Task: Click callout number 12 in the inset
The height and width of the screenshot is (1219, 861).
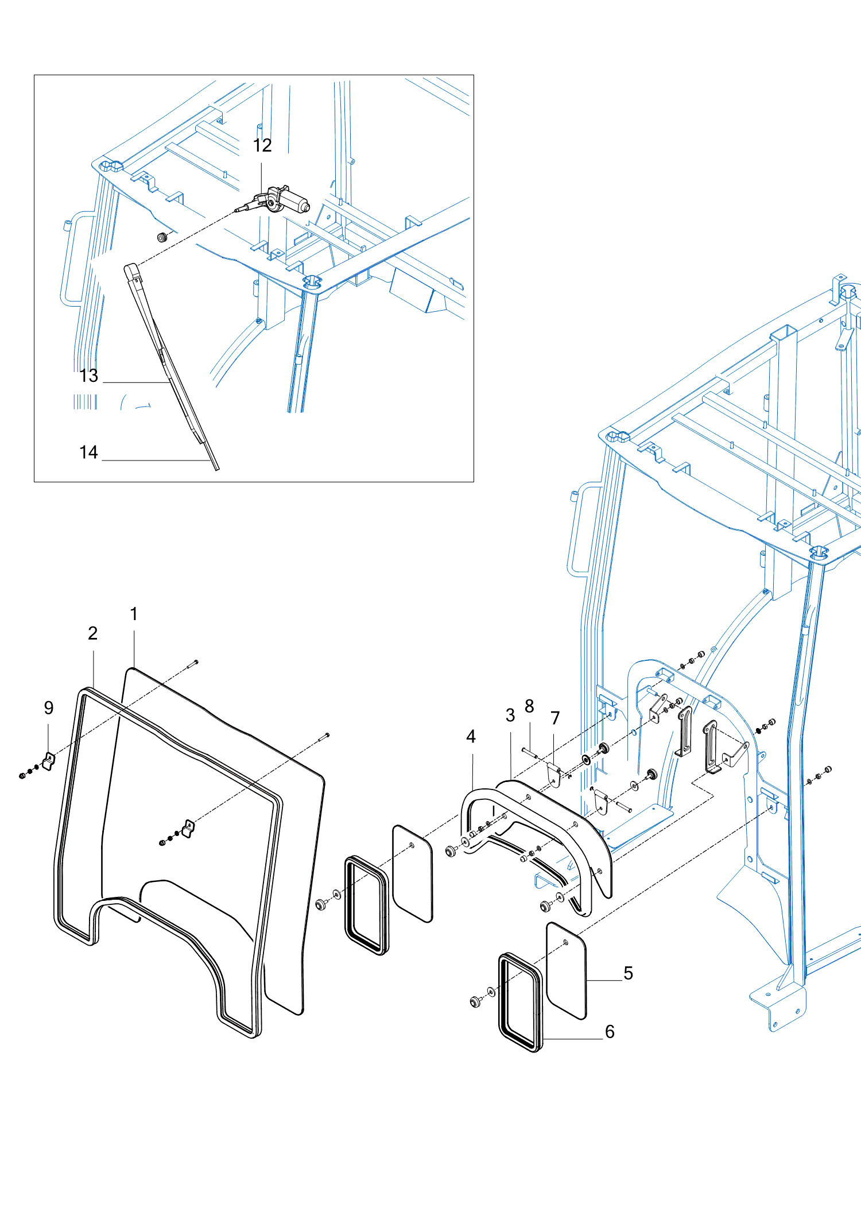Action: click(x=262, y=146)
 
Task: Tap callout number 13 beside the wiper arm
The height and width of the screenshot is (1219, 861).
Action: click(x=89, y=376)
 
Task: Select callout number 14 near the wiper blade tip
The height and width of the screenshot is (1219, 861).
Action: click(x=88, y=452)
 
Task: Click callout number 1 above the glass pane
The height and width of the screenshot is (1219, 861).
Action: click(x=134, y=614)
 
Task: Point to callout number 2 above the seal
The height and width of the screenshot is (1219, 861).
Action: click(x=93, y=633)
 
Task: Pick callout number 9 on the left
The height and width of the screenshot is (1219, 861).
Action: click(x=49, y=708)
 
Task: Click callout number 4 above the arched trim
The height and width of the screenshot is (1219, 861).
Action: click(x=471, y=737)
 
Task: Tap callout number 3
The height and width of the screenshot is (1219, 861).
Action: click(x=510, y=715)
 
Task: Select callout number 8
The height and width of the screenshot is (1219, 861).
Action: click(x=529, y=706)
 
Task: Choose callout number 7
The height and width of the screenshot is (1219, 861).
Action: click(x=555, y=718)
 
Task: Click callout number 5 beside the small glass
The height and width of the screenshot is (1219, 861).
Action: click(x=629, y=973)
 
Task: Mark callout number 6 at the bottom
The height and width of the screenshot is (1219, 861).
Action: click(x=610, y=1032)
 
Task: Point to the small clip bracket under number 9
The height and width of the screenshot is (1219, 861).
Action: click(x=49, y=762)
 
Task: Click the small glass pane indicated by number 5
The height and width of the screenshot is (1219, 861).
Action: click(x=566, y=970)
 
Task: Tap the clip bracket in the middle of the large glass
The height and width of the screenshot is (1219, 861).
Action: click(x=188, y=828)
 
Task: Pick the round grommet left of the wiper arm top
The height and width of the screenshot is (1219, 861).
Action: click(x=162, y=237)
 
